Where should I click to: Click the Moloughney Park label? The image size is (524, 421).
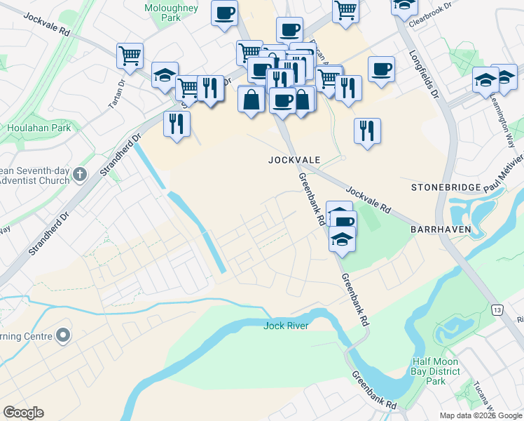pos(171,13)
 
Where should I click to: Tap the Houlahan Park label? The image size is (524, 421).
pos(39,128)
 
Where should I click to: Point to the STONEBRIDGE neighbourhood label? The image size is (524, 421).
pos(446,187)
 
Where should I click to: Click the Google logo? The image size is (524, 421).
pos(23,413)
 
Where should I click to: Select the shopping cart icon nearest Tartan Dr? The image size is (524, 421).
pos(130,54)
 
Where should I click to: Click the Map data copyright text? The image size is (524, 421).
pos(481,415)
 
